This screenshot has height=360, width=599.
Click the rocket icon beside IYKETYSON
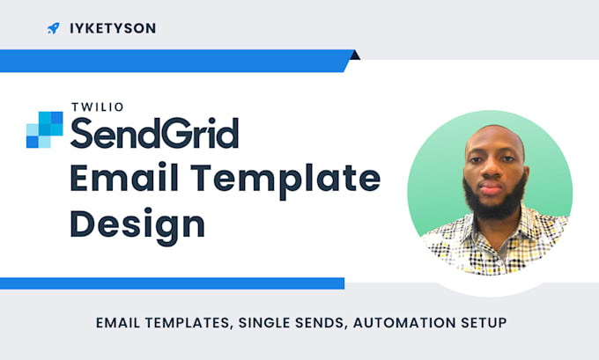[53, 28]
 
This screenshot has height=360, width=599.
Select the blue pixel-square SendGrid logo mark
[44, 129]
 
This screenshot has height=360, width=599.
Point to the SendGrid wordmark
[154, 132]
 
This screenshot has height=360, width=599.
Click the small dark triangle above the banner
[354, 55]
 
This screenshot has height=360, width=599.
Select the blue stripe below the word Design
[172, 283]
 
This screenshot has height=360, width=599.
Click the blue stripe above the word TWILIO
[176, 61]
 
